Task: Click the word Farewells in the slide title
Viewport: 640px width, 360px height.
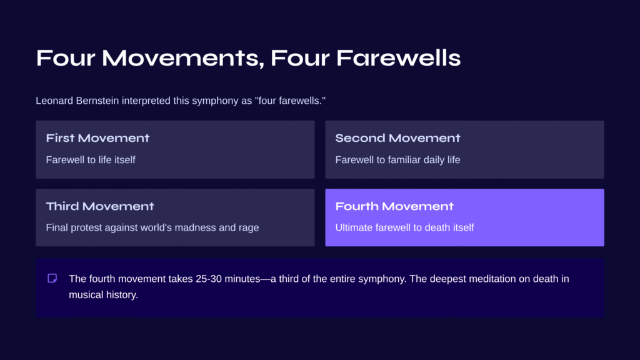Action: (x=398, y=58)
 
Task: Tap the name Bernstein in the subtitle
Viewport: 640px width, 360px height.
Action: (x=97, y=101)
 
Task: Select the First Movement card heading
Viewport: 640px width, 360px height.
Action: (x=97, y=138)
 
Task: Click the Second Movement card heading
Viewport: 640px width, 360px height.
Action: (x=397, y=138)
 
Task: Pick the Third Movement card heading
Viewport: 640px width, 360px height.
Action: (x=100, y=206)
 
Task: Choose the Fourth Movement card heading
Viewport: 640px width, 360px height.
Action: (x=394, y=206)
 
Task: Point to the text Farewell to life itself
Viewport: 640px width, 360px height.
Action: (x=91, y=159)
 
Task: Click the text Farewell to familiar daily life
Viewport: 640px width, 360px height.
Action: (x=397, y=159)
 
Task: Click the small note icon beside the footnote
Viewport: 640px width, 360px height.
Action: (x=52, y=278)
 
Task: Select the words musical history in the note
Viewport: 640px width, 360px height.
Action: (x=103, y=295)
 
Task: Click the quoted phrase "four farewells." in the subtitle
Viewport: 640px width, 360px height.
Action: (x=290, y=101)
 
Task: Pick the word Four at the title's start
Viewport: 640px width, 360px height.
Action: (x=66, y=58)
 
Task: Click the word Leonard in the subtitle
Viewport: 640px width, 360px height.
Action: (x=54, y=101)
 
